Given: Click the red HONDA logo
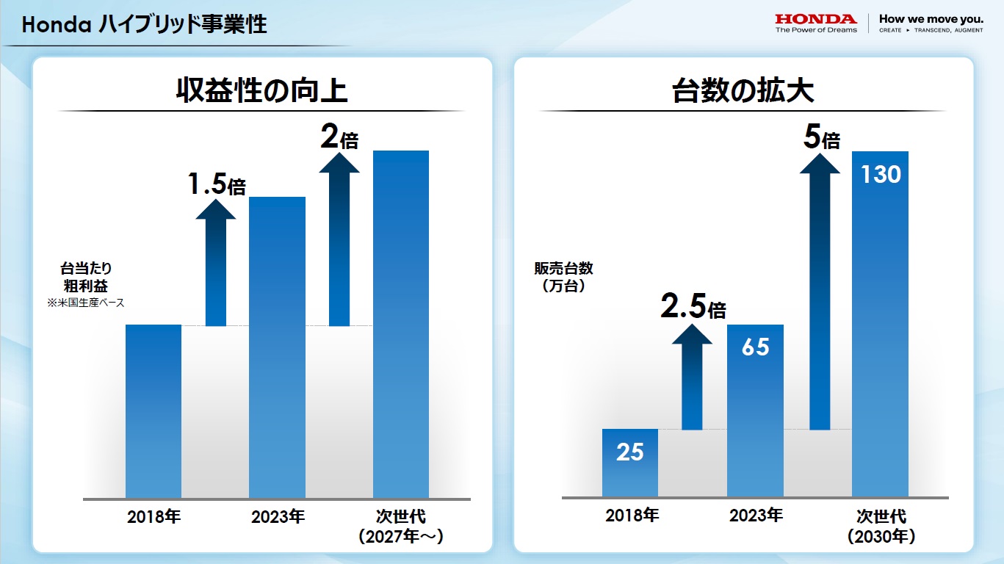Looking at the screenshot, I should click(816, 19).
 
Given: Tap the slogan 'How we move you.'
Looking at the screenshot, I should click(931, 19).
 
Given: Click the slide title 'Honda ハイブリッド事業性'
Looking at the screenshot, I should click(144, 25).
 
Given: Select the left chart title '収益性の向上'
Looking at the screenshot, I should click(261, 91).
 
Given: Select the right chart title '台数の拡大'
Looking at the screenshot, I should click(743, 91).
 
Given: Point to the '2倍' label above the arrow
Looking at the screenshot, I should click(339, 137).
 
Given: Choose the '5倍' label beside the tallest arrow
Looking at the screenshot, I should click(821, 137).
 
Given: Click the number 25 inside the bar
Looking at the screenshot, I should click(629, 452).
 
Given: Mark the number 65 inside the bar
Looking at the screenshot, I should click(755, 347).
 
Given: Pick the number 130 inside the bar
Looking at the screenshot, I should click(880, 175).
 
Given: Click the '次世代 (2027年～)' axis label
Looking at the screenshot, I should click(400, 526).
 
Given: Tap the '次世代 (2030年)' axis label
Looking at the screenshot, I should click(881, 526).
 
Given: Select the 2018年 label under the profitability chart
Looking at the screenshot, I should click(154, 516).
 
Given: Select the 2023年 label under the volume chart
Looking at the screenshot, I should click(756, 516).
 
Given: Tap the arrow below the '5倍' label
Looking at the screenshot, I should click(820, 294).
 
